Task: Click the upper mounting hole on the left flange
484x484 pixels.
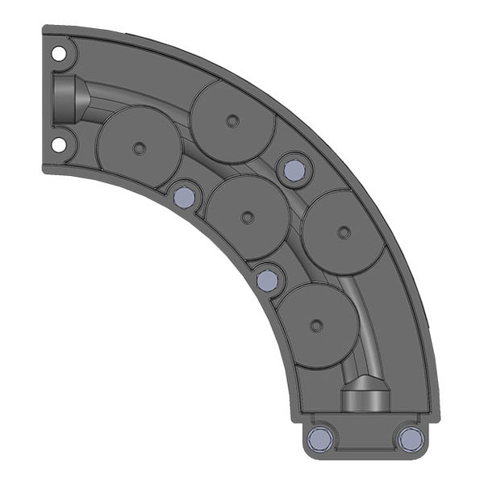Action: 58,53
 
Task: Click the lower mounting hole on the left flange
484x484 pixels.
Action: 58,144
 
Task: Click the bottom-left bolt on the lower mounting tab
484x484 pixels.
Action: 321,438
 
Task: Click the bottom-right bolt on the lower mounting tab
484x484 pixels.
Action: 411,438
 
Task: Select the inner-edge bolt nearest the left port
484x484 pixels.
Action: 185,196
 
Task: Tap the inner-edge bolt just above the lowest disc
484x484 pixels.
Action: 267,280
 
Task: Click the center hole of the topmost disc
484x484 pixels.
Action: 233,121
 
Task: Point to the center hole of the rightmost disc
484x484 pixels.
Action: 344,232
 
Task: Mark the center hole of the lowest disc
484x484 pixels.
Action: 316,326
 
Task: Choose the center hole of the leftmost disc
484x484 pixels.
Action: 139,148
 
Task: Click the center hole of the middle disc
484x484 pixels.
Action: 247,216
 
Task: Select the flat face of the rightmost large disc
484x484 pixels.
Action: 355,250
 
